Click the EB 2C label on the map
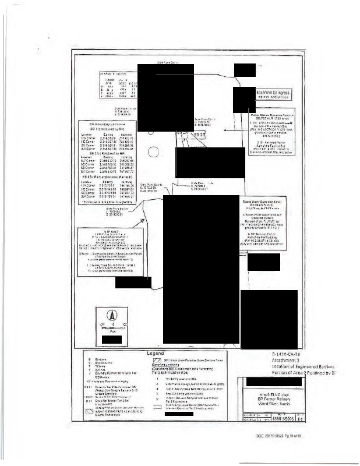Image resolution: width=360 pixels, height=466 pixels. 199,135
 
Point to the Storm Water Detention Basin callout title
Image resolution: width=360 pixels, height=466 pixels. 270,201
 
